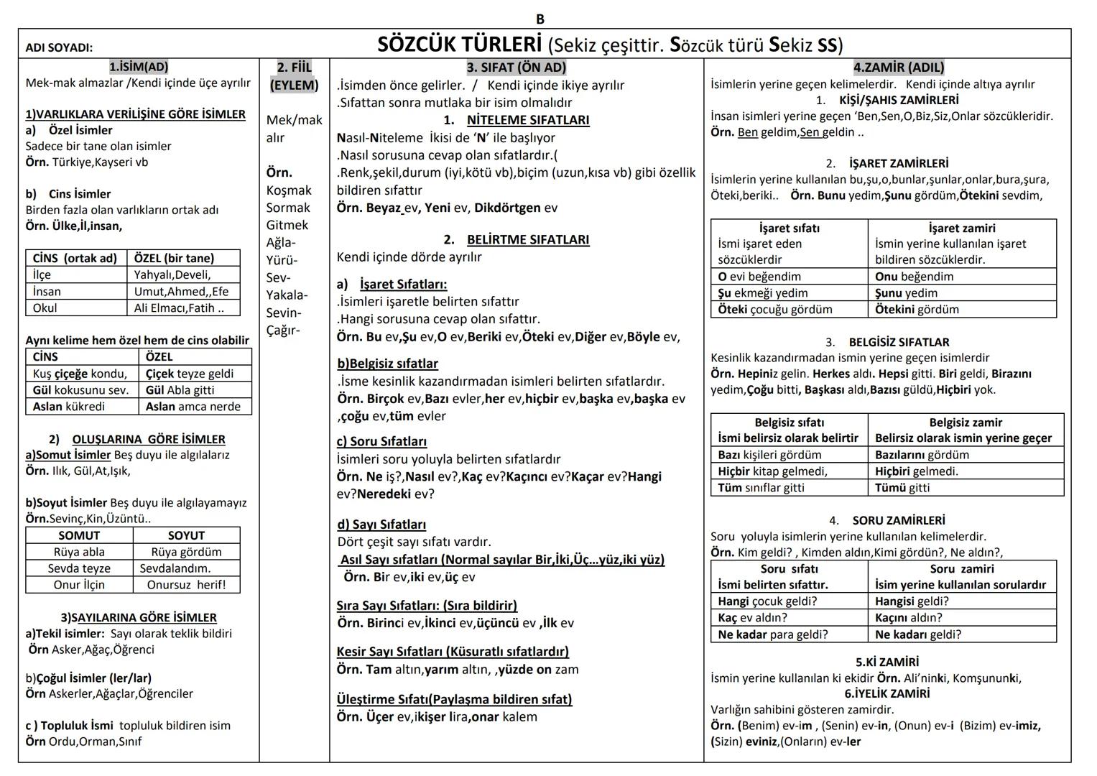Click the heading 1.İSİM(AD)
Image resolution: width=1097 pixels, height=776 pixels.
[x=139, y=67]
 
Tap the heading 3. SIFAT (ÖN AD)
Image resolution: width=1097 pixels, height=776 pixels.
[x=516, y=68]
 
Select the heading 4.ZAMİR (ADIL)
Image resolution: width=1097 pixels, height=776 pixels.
[x=898, y=68]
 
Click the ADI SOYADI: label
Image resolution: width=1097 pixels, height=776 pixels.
[x=59, y=47]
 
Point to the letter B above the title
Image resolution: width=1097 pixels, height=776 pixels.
[x=540, y=19]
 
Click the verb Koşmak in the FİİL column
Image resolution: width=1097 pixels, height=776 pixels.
[x=289, y=190]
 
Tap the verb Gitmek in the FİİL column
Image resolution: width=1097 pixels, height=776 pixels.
[x=287, y=225]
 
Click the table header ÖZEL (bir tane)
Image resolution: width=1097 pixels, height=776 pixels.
[x=174, y=258]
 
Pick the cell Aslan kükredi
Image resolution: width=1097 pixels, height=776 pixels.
[x=69, y=407]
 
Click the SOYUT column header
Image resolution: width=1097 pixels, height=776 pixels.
[x=186, y=535]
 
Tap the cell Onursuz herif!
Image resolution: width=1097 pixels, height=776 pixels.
[x=186, y=585]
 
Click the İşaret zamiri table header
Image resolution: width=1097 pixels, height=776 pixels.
[x=962, y=228]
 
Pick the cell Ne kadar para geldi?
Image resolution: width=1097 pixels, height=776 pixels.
[x=773, y=634]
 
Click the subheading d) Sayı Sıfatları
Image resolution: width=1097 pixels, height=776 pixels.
[x=381, y=525]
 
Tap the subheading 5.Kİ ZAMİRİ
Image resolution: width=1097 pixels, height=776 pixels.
[x=887, y=662]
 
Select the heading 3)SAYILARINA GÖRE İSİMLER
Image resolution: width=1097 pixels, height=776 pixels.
[x=139, y=618]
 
